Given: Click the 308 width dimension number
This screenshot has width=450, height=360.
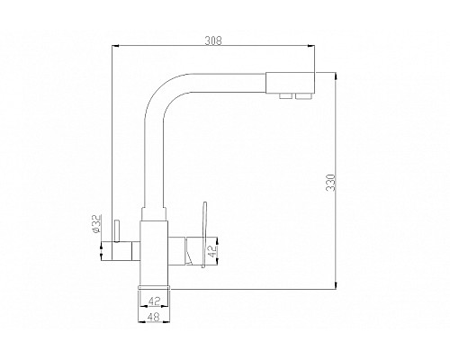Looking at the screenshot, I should (213, 40).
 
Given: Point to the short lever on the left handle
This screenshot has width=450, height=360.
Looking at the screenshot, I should (114, 236).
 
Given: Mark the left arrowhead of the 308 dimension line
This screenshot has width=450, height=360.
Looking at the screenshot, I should (112, 48).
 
